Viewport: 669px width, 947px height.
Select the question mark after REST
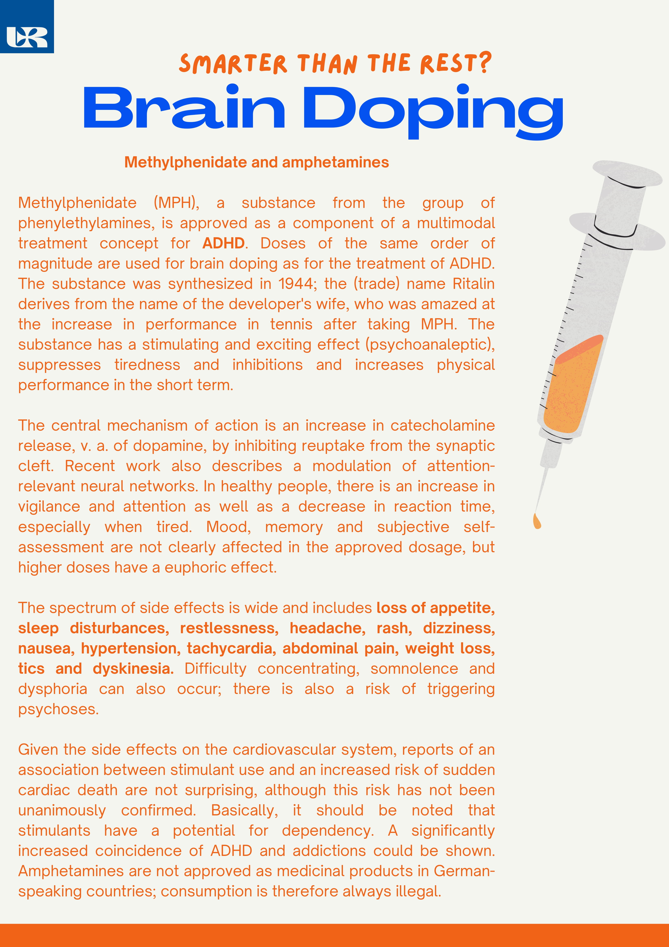(x=486, y=63)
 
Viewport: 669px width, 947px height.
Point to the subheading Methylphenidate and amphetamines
(x=256, y=162)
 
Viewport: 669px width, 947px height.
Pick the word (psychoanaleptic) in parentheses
(x=430, y=344)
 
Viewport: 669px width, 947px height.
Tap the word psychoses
(x=58, y=709)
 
